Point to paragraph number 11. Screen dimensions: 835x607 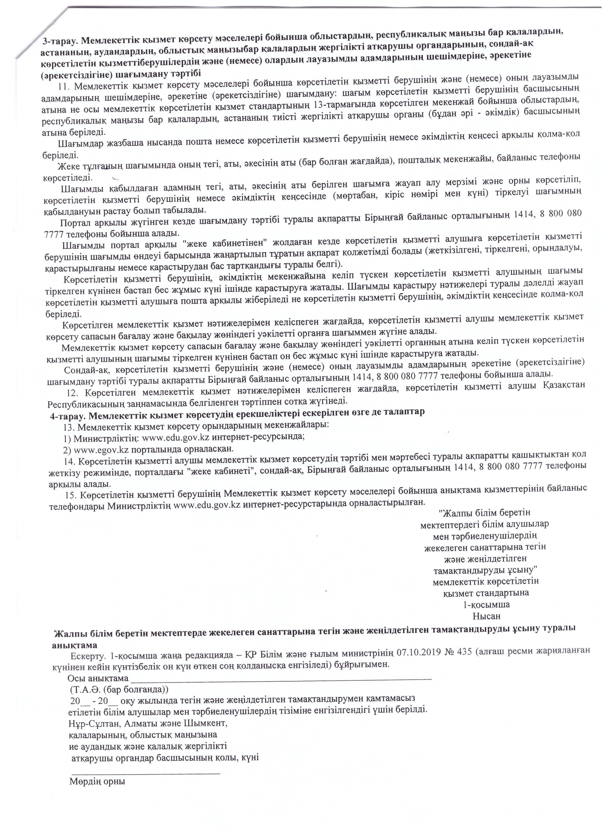(66, 87)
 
